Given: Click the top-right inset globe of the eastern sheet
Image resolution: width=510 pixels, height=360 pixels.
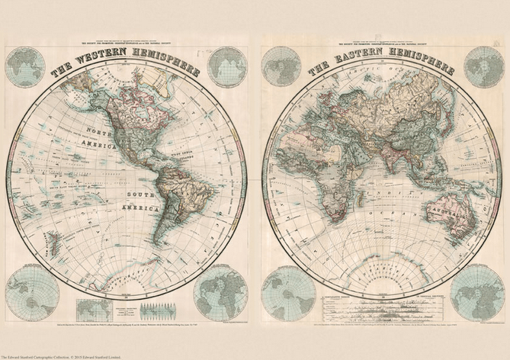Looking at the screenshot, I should tap(482, 66).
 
